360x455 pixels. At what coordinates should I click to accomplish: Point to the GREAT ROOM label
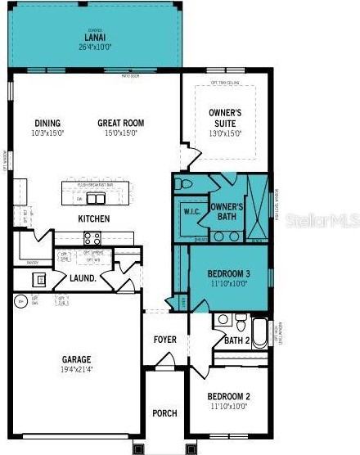(x=122, y=123)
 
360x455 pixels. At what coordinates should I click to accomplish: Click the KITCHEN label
(x=93, y=218)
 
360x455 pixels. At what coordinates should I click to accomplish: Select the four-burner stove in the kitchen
(x=92, y=238)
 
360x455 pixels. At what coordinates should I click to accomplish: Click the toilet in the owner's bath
(x=182, y=183)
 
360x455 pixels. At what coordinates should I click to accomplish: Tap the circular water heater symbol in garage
(x=20, y=301)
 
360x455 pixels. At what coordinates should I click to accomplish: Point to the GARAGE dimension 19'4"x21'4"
(x=76, y=370)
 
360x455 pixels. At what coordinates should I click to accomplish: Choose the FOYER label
(x=165, y=339)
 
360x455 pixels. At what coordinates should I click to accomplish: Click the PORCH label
(x=164, y=413)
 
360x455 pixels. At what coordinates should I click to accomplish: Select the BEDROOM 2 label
(x=229, y=397)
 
